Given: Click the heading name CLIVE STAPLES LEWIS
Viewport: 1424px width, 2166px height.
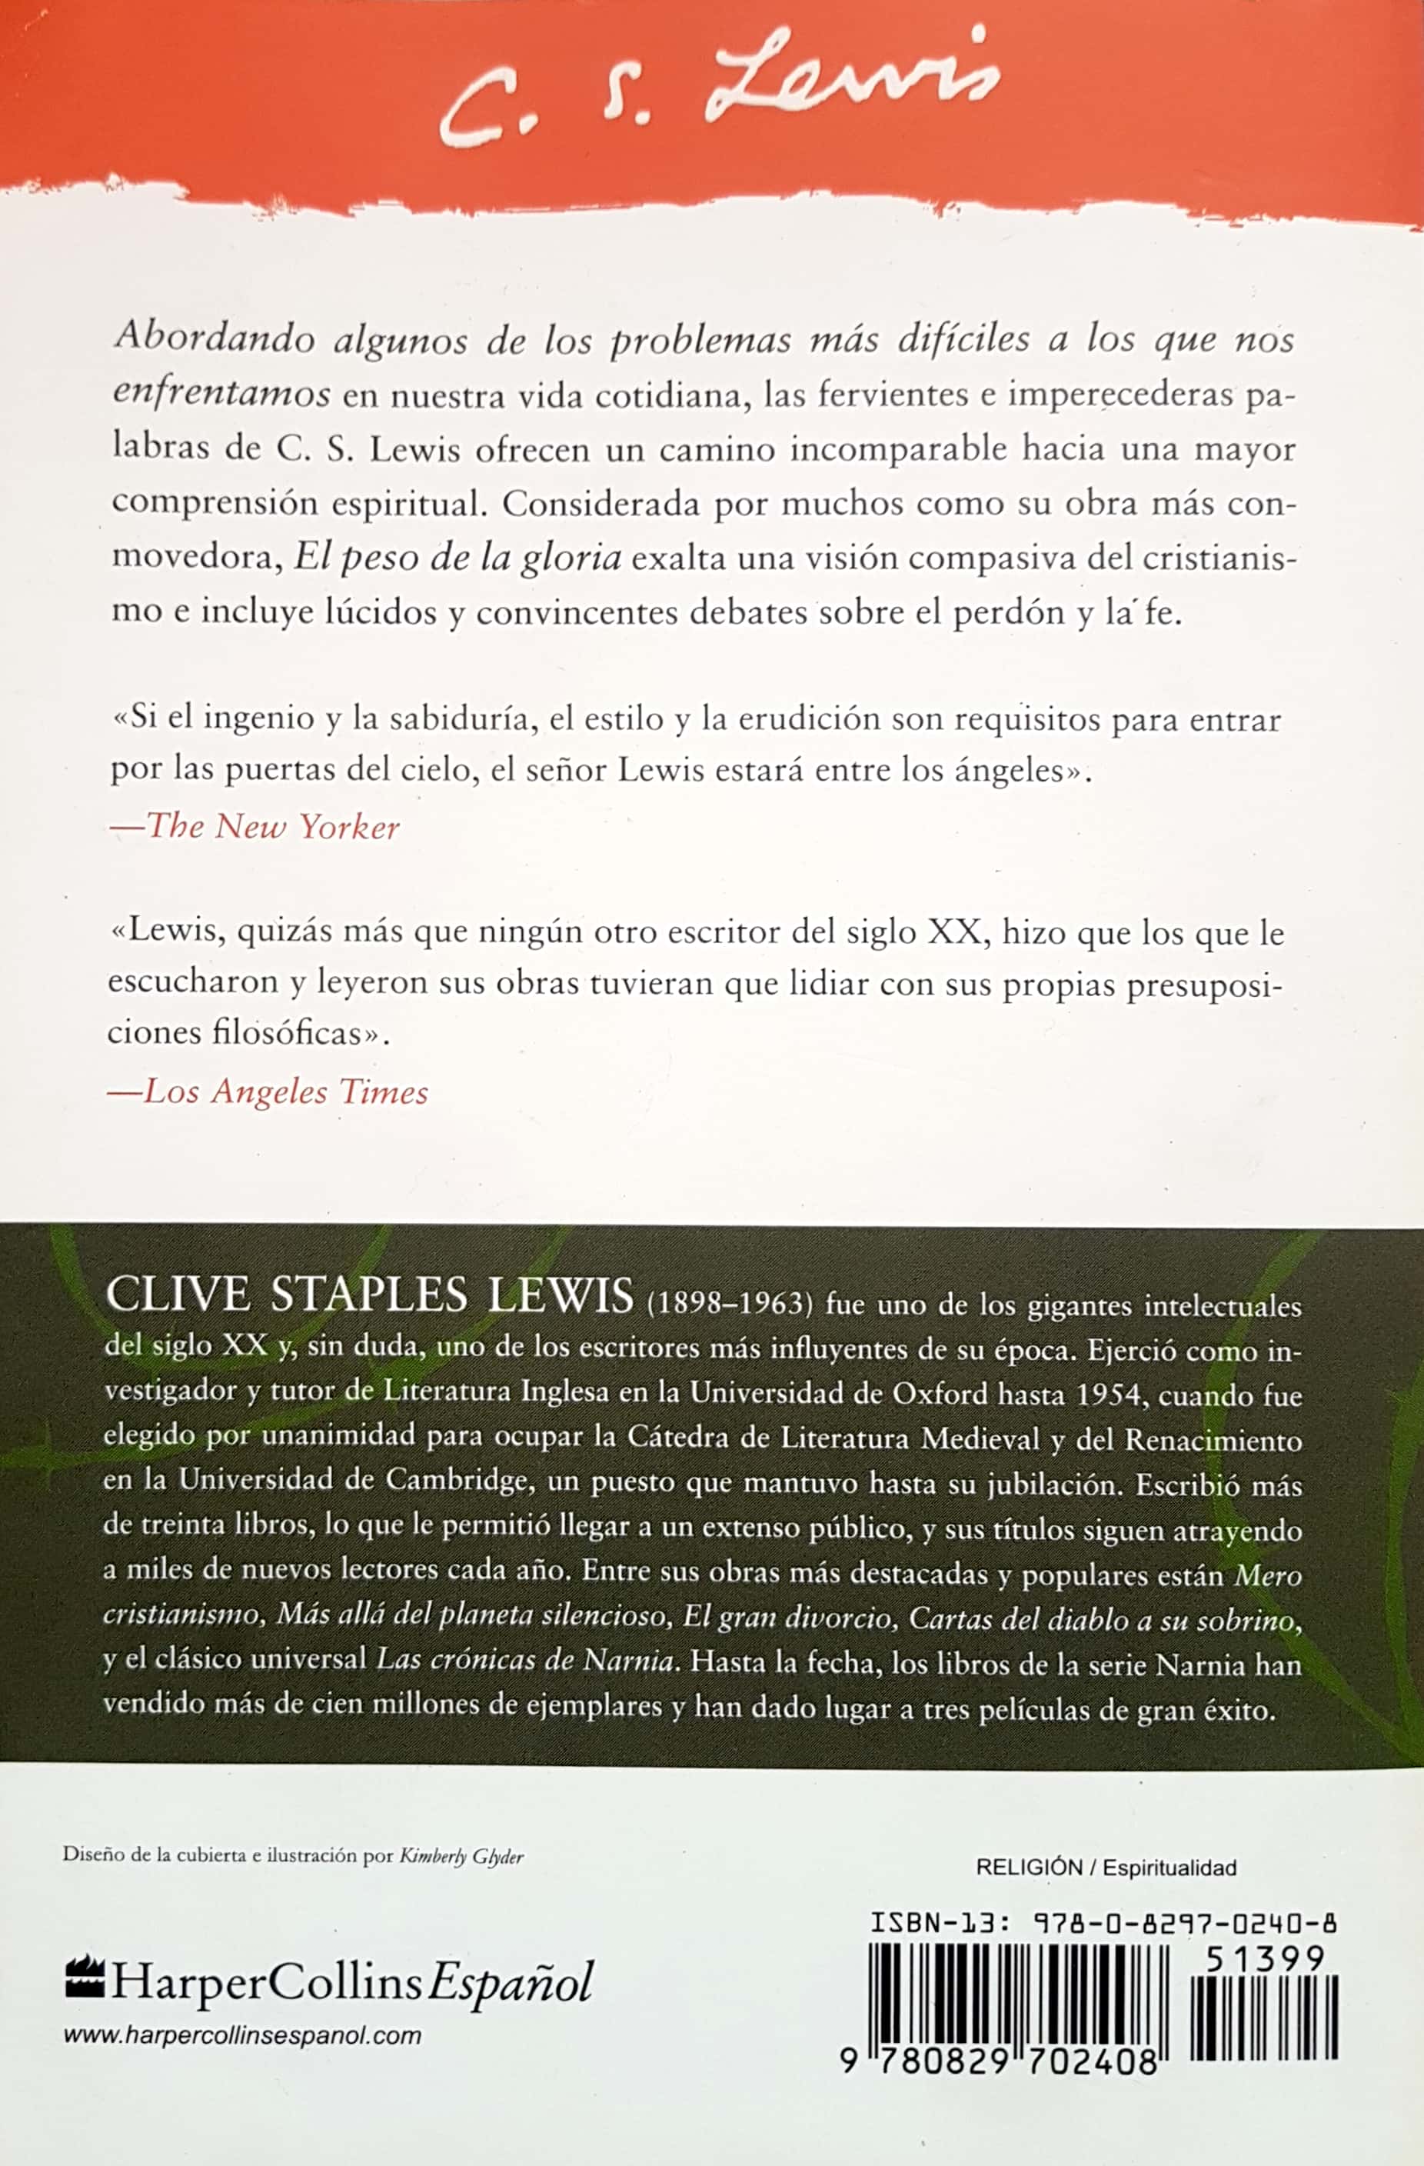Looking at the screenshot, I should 368,1296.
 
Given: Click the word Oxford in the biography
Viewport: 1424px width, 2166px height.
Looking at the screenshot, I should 939,1395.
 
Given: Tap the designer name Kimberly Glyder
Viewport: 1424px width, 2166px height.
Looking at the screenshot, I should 461,1857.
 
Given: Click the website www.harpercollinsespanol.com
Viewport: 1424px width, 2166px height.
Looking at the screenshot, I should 242,2036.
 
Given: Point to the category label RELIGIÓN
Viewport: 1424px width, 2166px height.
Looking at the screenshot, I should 1029,1868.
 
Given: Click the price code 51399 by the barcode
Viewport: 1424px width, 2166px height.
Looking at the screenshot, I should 1264,1958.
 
